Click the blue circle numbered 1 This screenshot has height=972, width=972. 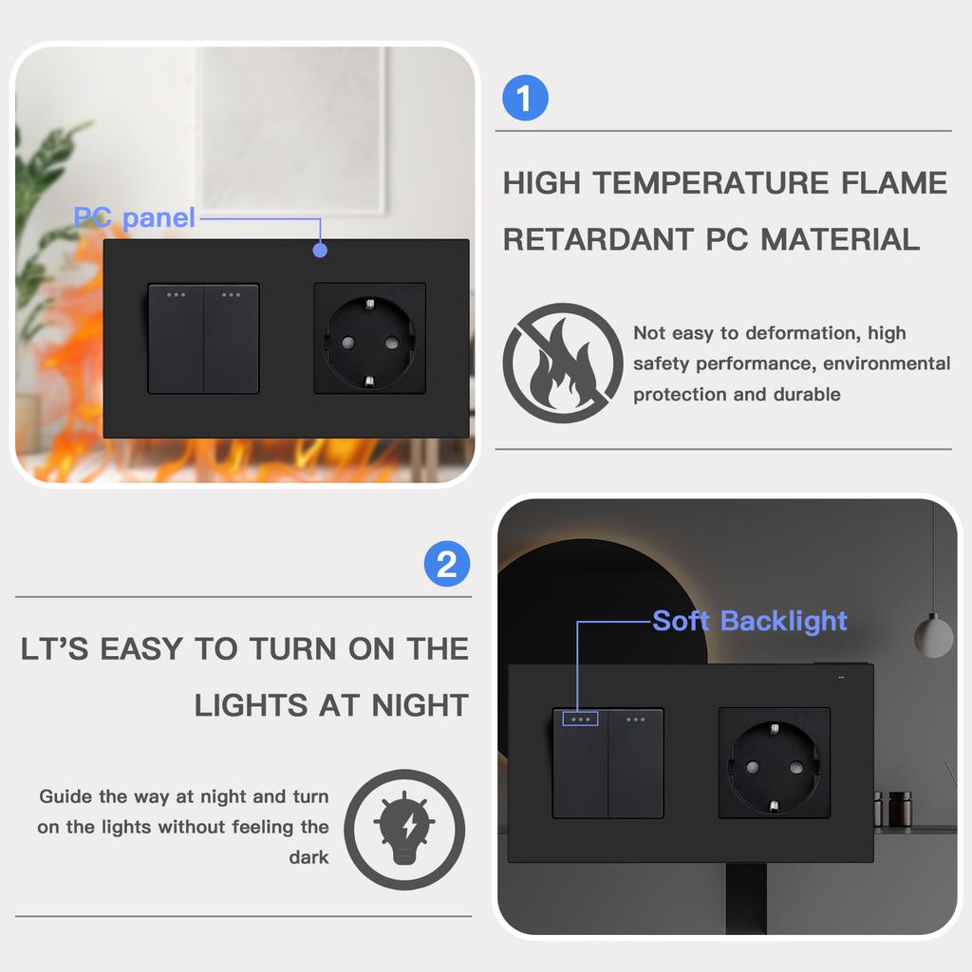[525, 99]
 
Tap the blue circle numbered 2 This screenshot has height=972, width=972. [446, 565]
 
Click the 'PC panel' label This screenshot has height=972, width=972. [134, 217]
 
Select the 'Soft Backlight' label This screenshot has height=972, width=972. [749, 621]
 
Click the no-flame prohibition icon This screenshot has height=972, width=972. [562, 363]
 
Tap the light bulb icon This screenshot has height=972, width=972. [404, 829]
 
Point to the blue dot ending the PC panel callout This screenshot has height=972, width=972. [320, 251]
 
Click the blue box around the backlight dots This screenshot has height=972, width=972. [580, 720]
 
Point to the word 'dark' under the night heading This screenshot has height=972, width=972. [308, 857]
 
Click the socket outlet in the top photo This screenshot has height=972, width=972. [369, 337]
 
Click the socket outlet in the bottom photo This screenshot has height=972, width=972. [774, 763]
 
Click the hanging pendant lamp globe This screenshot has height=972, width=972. [933, 635]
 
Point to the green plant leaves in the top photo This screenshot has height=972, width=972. [47, 190]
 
